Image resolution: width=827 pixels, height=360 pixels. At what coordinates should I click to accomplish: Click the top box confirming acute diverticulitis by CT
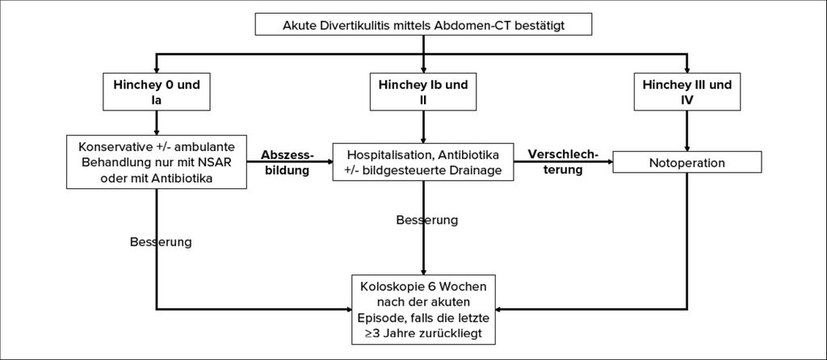tap(423, 24)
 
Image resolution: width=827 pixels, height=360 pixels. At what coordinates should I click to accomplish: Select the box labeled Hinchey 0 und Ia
tap(156, 92)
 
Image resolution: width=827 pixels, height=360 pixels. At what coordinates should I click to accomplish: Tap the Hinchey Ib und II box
tap(423, 92)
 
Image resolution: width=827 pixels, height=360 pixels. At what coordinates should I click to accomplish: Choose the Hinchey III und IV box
tap(686, 92)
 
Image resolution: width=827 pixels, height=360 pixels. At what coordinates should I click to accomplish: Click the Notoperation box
tap(686, 162)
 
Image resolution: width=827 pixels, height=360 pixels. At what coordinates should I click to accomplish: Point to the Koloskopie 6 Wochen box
tap(423, 309)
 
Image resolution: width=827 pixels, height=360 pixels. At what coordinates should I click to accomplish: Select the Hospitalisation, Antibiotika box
tap(423, 161)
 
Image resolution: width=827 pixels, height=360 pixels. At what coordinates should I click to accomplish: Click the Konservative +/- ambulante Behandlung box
tap(157, 161)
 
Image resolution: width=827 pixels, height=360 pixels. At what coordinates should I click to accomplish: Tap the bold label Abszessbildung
tap(288, 162)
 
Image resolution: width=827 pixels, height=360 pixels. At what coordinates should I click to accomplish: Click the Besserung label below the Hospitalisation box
tap(426, 220)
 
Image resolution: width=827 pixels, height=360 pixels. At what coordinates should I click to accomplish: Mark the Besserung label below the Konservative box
tap(161, 242)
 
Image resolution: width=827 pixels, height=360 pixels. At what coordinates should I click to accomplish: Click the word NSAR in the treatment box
tap(230, 162)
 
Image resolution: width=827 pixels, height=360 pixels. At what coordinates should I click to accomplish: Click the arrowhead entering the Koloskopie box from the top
tap(423, 271)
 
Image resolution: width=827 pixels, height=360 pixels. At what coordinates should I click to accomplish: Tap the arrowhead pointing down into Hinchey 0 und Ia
tap(156, 70)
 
